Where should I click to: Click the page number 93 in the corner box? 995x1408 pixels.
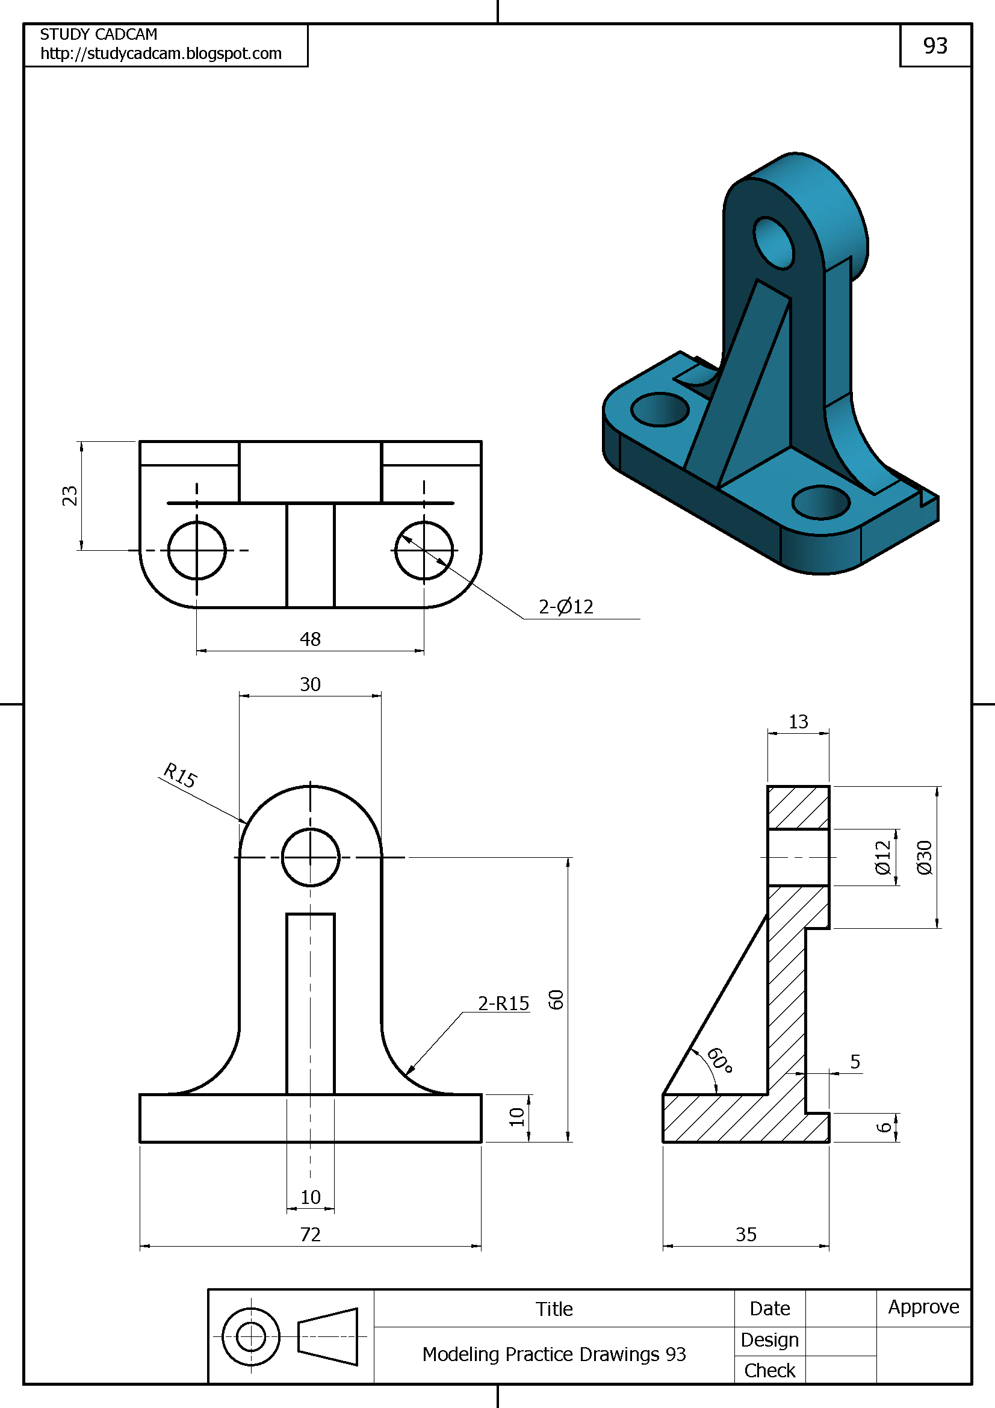pos(935,46)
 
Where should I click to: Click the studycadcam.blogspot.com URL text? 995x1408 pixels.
pos(161,54)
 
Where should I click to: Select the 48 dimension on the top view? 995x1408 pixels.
pos(310,639)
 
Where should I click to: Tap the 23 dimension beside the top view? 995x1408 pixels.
pos(70,495)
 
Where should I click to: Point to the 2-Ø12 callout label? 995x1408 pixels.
pos(566,607)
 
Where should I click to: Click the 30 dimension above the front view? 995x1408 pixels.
pos(310,684)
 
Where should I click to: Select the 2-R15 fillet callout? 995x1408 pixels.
pos(503,1004)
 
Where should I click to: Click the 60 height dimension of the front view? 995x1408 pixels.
pos(556,1000)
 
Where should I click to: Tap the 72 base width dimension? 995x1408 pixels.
pos(310,1235)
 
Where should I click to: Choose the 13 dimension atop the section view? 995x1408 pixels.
pos(798,722)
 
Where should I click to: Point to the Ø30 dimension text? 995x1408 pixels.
pos(924,857)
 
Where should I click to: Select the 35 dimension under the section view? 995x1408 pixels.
pos(746,1235)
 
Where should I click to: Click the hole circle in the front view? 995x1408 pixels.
pos(310,857)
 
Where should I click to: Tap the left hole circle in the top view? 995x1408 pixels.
pos(197,551)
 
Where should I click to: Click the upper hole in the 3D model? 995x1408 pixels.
pos(773,243)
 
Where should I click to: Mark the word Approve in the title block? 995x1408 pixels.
pos(923,1307)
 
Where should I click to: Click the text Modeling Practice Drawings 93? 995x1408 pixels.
pos(554,1354)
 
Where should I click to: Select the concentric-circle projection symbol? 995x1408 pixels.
pos(251,1337)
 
